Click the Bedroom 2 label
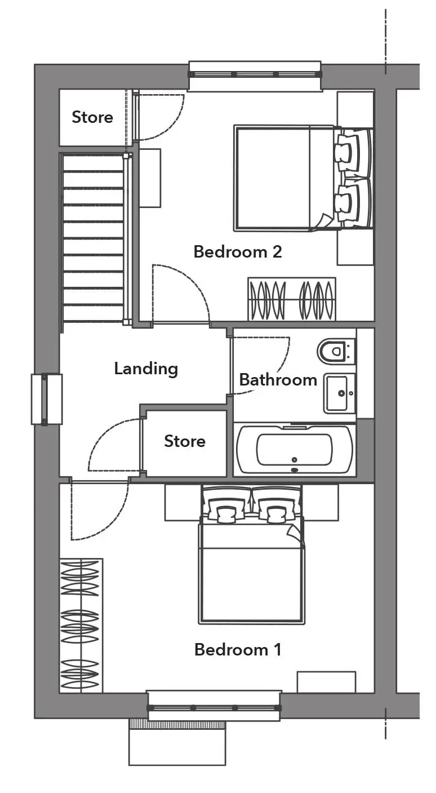click(x=238, y=252)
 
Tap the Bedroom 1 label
click(x=238, y=650)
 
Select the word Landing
click(x=146, y=369)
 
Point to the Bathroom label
click(x=278, y=380)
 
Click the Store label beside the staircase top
click(x=92, y=117)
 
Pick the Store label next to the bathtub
click(x=185, y=441)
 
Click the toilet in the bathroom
click(x=336, y=351)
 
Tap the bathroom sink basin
click(x=339, y=393)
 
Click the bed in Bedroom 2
click(x=303, y=178)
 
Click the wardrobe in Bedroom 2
click(x=292, y=299)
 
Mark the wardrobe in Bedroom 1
click(x=81, y=626)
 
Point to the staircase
click(x=93, y=237)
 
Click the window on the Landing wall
click(x=46, y=399)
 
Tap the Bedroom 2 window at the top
click(x=255, y=75)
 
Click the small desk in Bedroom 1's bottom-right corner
click(x=326, y=682)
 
